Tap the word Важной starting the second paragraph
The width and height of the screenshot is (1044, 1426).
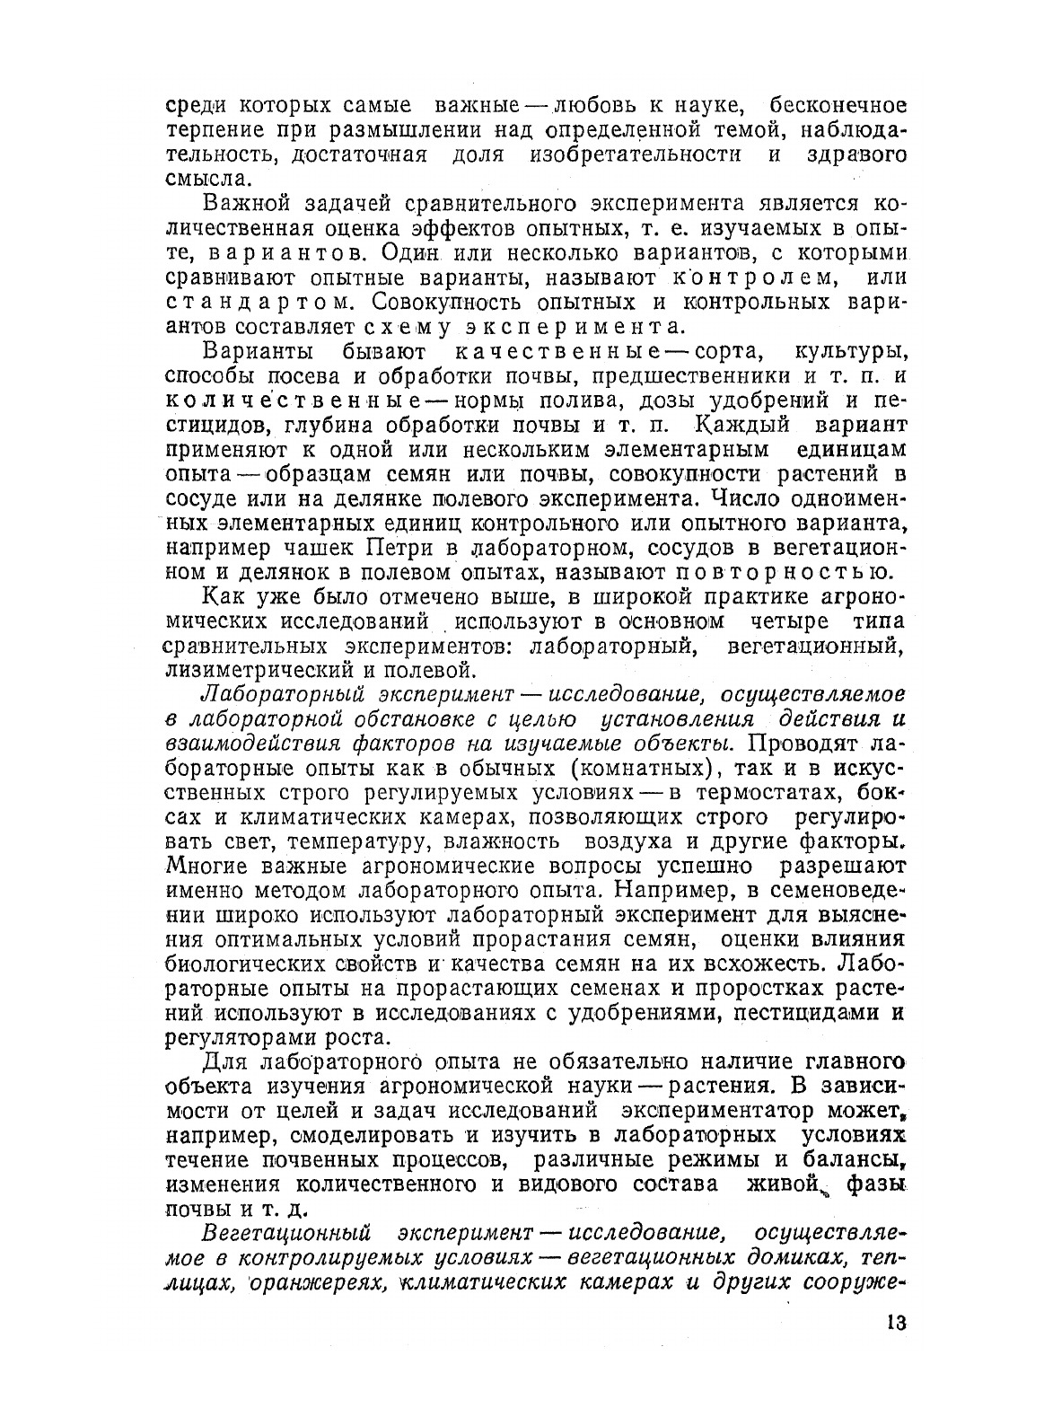point(241,204)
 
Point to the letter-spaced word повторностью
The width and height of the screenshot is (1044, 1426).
point(781,571)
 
